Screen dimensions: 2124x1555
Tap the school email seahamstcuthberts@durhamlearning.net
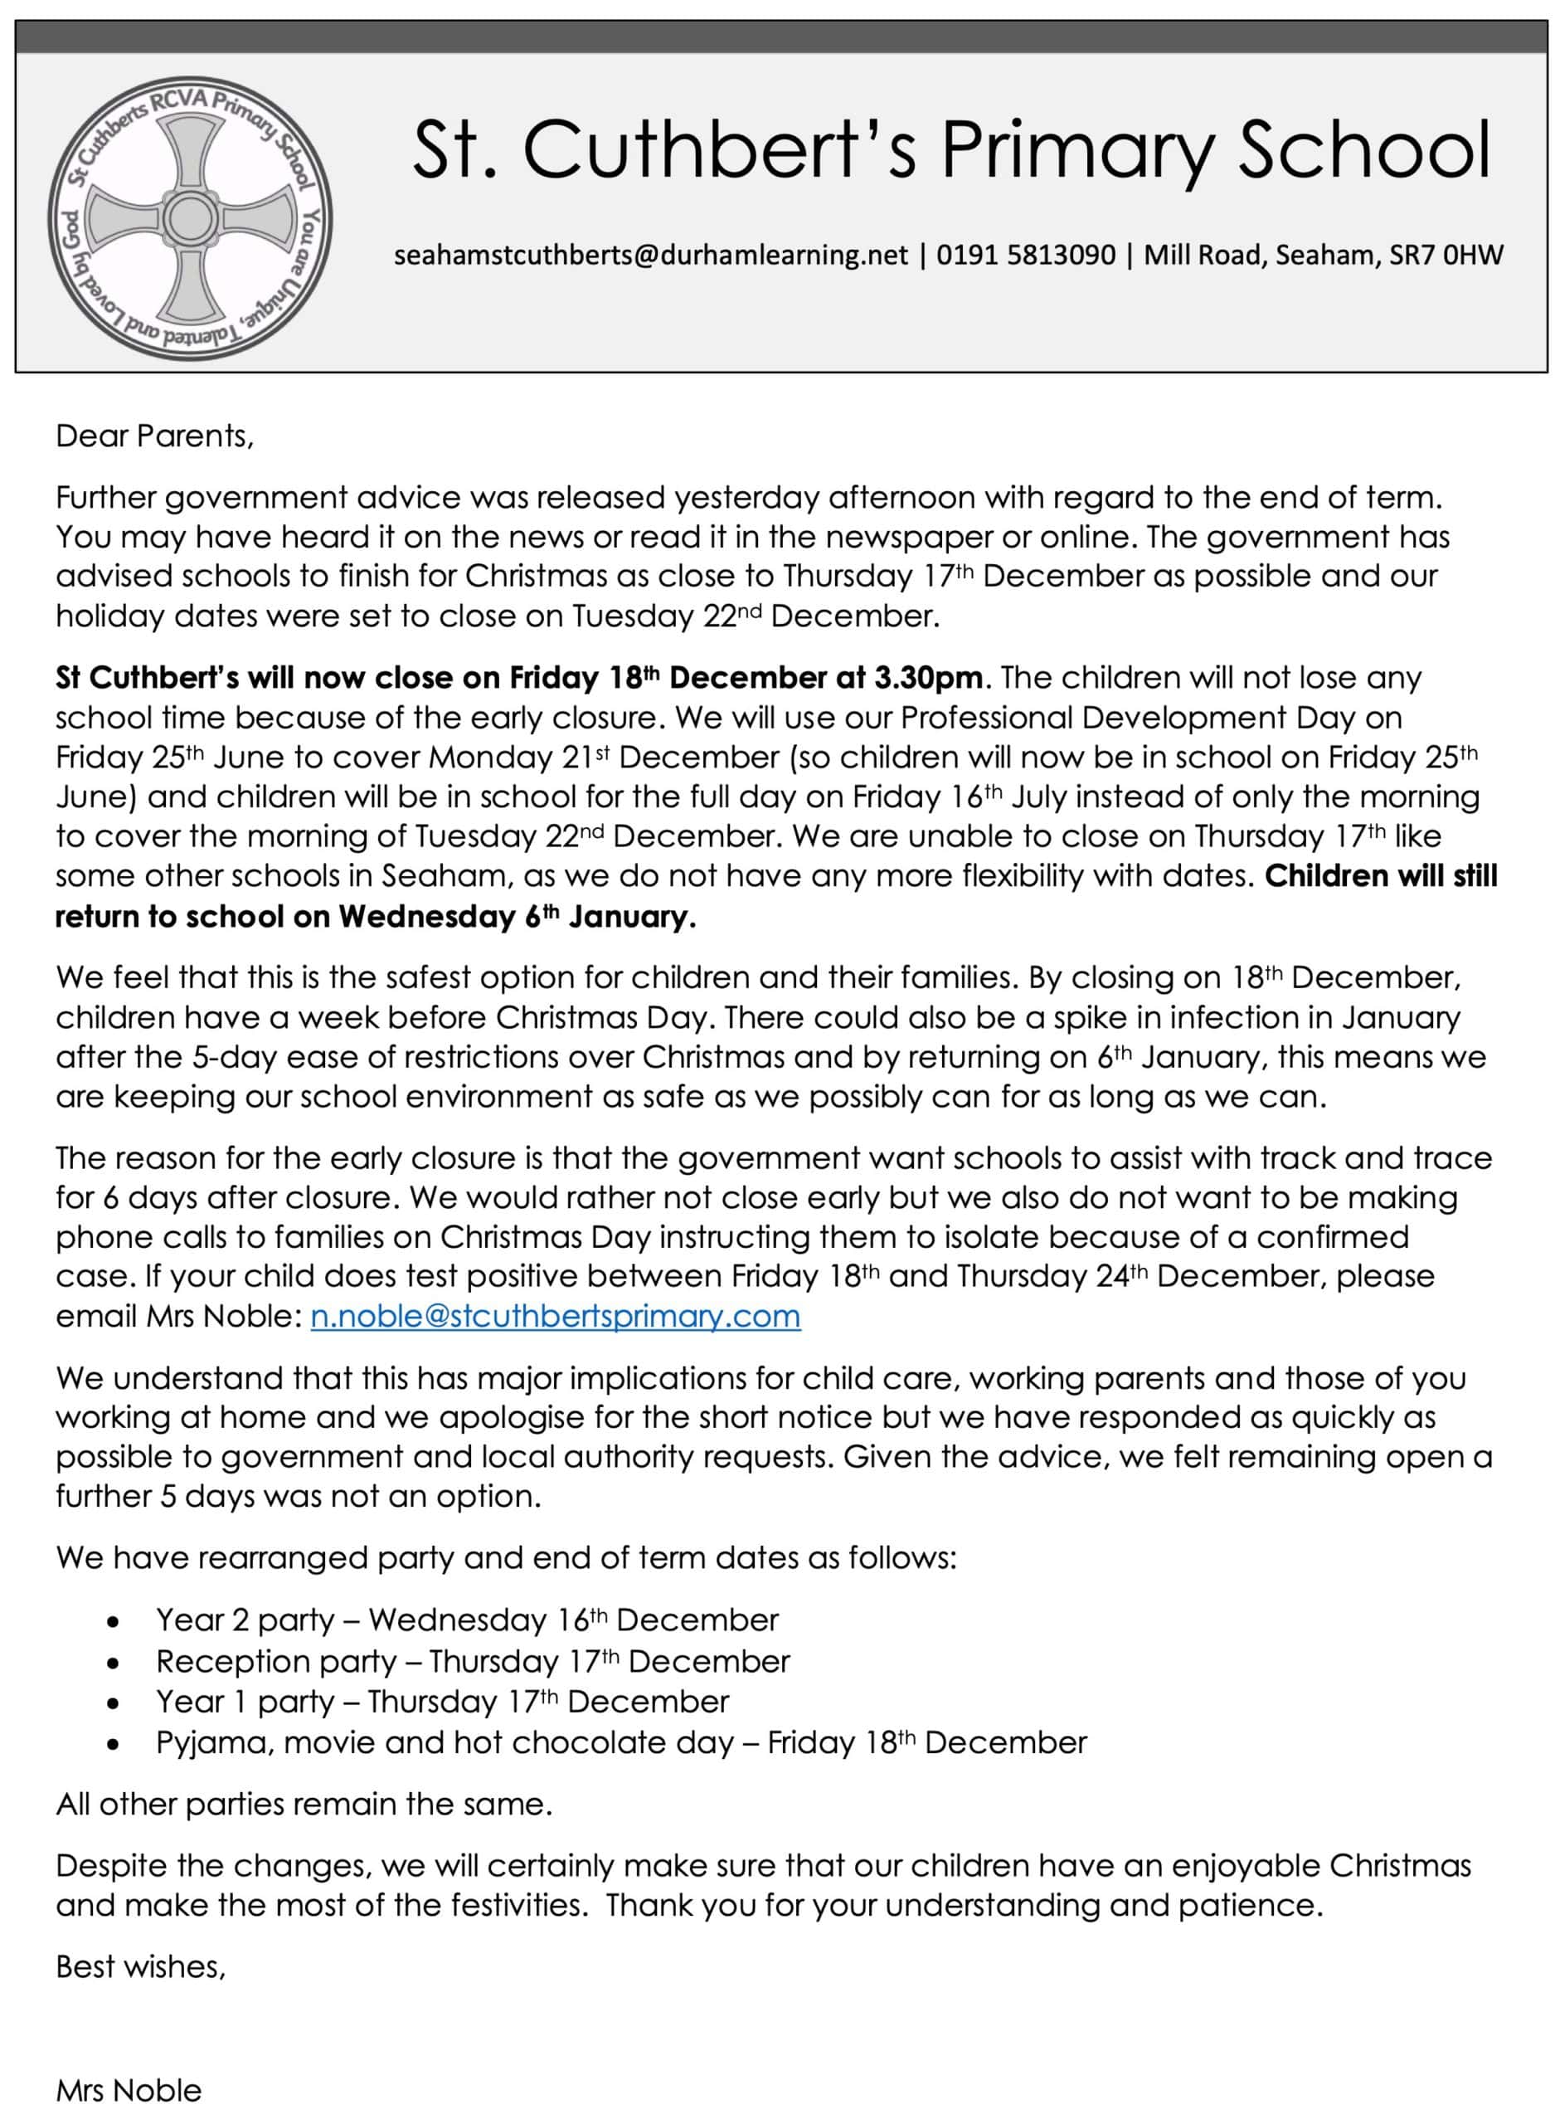pyautogui.click(x=651, y=256)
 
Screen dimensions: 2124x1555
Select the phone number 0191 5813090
pyautogui.click(x=1025, y=256)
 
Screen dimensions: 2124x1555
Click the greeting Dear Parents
pyautogui.click(x=154, y=436)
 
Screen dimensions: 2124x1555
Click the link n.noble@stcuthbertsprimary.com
pyautogui.click(x=556, y=1316)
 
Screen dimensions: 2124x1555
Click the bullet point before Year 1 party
pyautogui.click(x=113, y=1704)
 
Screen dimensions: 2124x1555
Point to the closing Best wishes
pyautogui.click(x=140, y=1966)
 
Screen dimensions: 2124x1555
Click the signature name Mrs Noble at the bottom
pyautogui.click(x=129, y=2091)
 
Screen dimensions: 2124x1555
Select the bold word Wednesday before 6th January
pyautogui.click(x=426, y=917)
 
